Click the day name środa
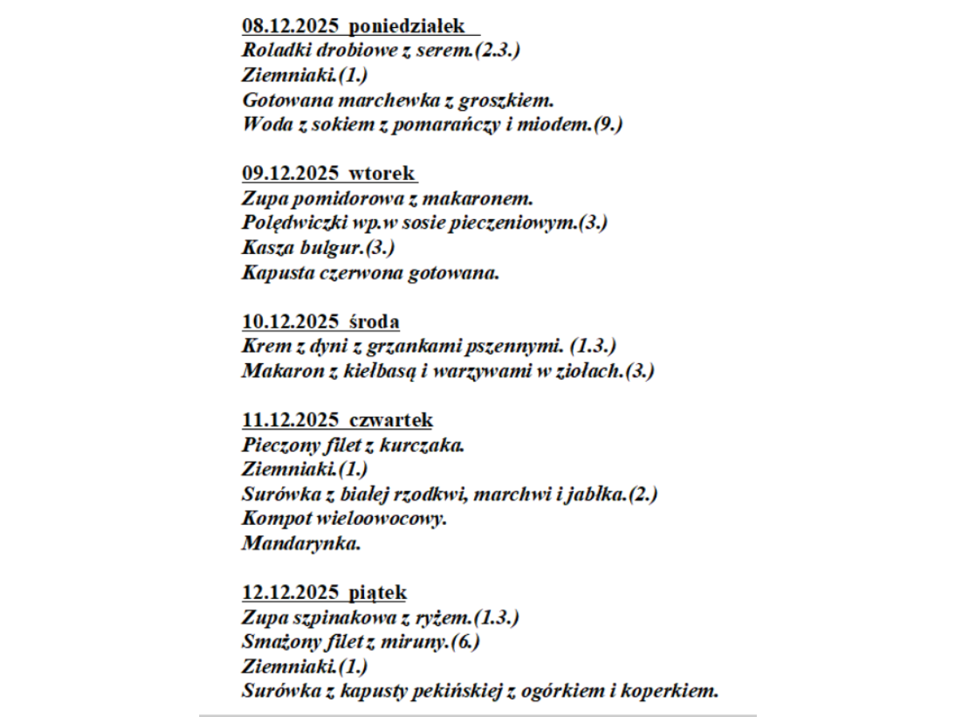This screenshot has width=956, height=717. (x=374, y=321)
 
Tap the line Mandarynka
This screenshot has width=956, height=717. (x=301, y=543)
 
